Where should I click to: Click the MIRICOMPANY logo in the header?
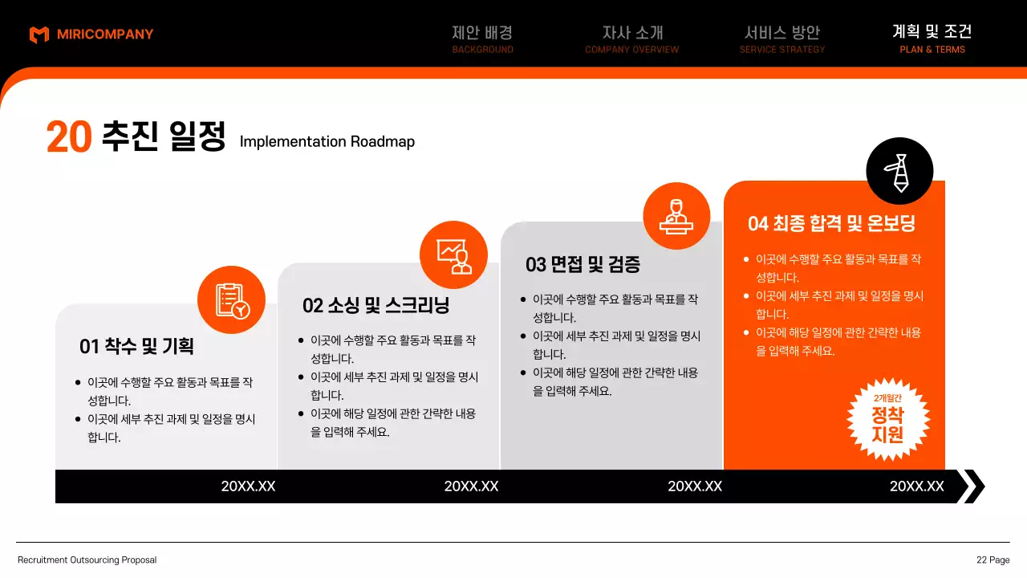tap(91, 35)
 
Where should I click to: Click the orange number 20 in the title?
tap(69, 137)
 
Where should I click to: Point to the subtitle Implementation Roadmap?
tap(327, 142)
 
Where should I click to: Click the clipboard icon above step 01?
tap(231, 299)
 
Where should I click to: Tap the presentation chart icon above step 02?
tap(453, 254)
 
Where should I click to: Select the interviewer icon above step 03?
tap(676, 216)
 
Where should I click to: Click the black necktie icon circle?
tap(899, 171)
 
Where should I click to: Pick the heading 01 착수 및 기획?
tap(136, 346)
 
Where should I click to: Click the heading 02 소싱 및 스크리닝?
tap(375, 305)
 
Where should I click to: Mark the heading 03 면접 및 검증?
tap(583, 264)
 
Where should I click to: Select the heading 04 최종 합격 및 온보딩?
tap(831, 223)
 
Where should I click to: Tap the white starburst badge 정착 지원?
tap(887, 419)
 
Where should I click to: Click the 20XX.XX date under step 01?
tap(248, 486)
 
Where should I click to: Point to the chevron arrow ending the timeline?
tap(972, 486)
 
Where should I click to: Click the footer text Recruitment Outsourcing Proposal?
tap(87, 560)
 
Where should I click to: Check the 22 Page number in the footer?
tap(992, 560)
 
